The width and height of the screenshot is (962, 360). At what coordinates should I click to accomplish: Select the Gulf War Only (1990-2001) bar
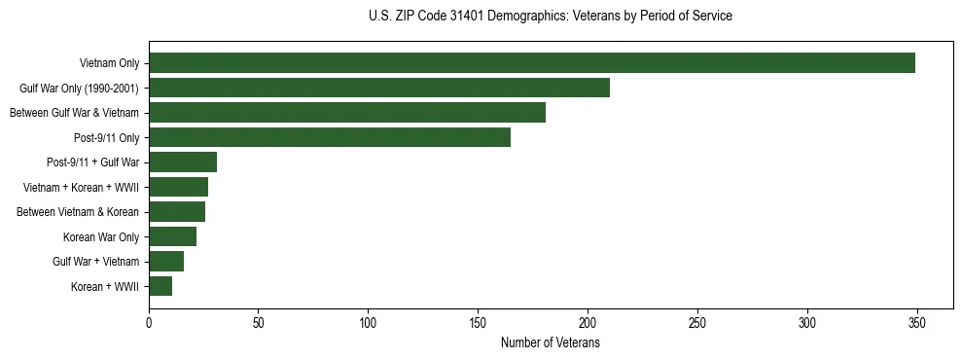click(379, 88)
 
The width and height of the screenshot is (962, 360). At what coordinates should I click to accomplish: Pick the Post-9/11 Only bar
click(330, 137)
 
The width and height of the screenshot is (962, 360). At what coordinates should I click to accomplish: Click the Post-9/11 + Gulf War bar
click(183, 162)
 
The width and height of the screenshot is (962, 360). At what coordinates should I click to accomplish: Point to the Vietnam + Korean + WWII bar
click(178, 187)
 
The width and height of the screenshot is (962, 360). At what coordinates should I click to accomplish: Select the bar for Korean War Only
click(172, 236)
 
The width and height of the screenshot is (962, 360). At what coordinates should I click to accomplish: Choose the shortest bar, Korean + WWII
click(160, 286)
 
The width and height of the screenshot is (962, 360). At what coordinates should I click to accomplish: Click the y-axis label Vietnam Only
click(109, 64)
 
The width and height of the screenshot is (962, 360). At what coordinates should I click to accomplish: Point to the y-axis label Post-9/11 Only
click(106, 138)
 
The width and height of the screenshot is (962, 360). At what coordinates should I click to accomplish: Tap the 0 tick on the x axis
click(149, 322)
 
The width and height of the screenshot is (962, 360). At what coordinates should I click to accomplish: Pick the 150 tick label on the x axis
click(478, 322)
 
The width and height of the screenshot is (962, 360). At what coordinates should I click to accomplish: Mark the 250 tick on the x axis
click(697, 322)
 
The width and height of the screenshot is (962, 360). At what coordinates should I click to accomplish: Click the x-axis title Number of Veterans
click(550, 343)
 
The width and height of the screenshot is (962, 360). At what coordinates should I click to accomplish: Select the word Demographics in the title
click(518, 17)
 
